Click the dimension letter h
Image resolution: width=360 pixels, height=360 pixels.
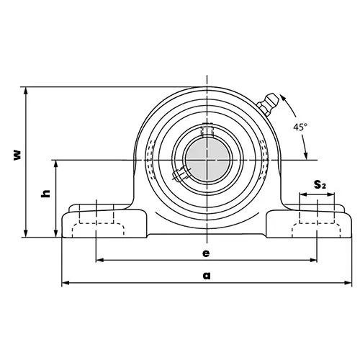coord(45,194)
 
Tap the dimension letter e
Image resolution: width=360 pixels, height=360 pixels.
coord(207,253)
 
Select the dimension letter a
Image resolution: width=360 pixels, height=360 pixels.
coord(207,274)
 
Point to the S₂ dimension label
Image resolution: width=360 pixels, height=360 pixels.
coord(320,185)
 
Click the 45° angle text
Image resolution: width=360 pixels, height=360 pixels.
coord(300,127)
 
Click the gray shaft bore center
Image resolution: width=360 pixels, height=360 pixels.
coord(206,158)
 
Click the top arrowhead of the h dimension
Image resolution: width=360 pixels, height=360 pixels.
coord(56,163)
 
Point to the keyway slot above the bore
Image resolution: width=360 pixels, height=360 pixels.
coord(207,132)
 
